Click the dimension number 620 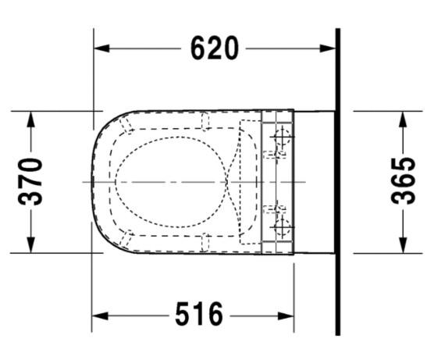point(214,48)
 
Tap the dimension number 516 point(199,314)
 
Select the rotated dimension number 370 point(30,181)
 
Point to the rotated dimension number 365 point(403,181)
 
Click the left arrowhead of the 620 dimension point(101,48)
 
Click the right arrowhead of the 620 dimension point(327,48)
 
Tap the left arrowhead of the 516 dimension point(100,316)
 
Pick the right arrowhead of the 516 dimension point(286,316)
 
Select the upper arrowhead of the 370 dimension point(30,119)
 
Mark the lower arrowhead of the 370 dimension point(30,244)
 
